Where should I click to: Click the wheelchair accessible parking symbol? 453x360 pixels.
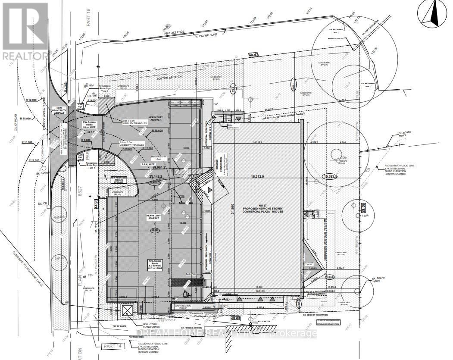coord(186,293)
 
